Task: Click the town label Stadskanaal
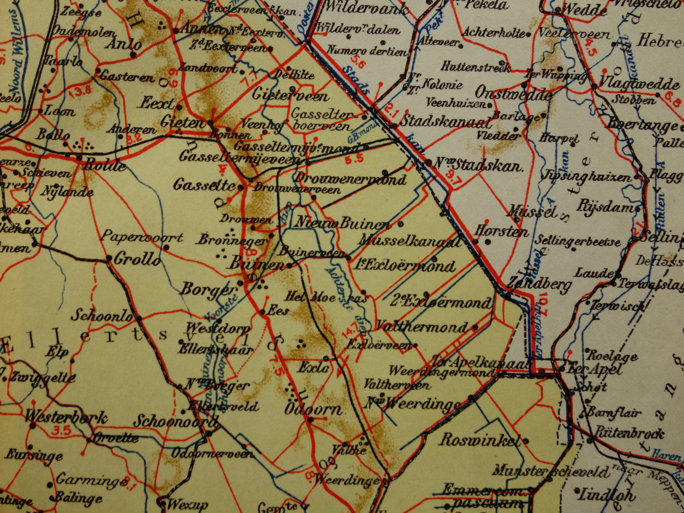pyautogui.click(x=445, y=122)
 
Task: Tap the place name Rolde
pyautogui.click(x=105, y=166)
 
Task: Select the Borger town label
pyautogui.click(x=208, y=290)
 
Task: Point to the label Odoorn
pyautogui.click(x=312, y=409)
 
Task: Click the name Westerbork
pyautogui.click(x=66, y=417)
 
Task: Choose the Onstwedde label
pyautogui.click(x=513, y=93)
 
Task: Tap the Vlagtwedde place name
pyautogui.click(x=639, y=84)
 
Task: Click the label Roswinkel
pyautogui.click(x=479, y=440)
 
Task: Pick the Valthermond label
pyautogui.click(x=421, y=327)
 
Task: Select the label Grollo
pyautogui.click(x=137, y=259)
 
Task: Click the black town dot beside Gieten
pyautogui.click(x=210, y=123)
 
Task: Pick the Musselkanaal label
pyautogui.click(x=409, y=241)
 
